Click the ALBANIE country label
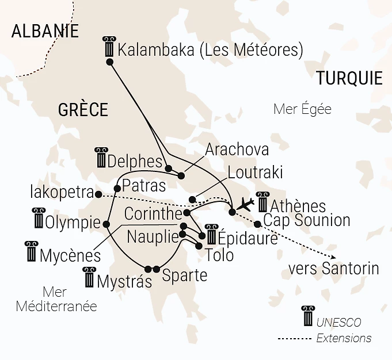45,30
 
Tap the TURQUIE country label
349,78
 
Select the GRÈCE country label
83,109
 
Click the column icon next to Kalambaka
108,47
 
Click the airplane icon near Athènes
246,204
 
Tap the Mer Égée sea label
303,109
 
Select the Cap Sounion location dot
258,224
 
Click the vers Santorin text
333,268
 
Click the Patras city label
144,186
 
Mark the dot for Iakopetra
98,194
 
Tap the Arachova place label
237,150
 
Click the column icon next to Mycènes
31,252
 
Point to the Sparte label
185,275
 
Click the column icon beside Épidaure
211,235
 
